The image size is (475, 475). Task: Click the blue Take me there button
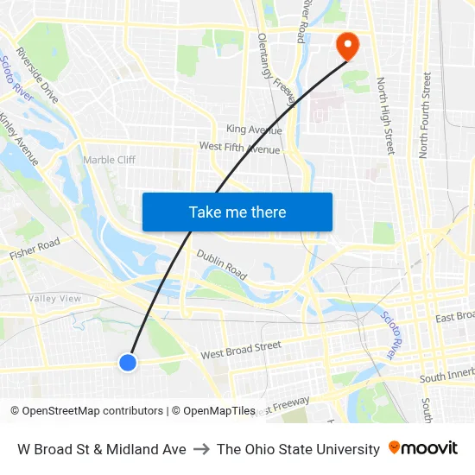tap(237, 212)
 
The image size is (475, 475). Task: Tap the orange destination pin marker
tap(348, 46)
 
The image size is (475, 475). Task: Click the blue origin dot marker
tap(128, 363)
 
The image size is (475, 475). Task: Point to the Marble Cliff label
tap(109, 160)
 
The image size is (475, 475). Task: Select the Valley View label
tap(54, 299)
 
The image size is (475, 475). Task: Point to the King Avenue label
tap(254, 130)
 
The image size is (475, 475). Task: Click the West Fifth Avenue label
tap(239, 149)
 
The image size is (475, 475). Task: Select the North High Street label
tap(385, 116)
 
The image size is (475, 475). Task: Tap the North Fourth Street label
tap(425, 115)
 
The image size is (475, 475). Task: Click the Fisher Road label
tap(35, 250)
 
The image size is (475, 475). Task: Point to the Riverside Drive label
tap(37, 75)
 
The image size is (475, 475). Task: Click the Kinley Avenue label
tap(19, 138)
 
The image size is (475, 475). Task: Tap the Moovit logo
tap(422, 448)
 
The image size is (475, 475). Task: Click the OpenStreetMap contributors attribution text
tap(86, 411)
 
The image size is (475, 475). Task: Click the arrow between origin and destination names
tap(201, 449)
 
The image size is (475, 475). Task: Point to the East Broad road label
tap(454, 317)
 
